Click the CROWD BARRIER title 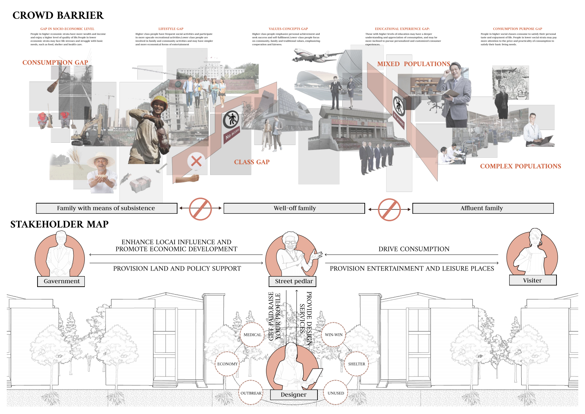(x=58, y=15)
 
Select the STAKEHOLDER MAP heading (x=59, y=224)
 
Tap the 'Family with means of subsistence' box (x=106, y=208)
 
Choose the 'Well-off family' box (x=294, y=208)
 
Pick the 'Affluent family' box (x=483, y=208)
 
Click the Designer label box (x=293, y=394)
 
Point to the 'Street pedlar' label (x=293, y=281)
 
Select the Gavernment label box (x=61, y=281)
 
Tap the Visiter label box (x=532, y=280)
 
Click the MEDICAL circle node (x=252, y=335)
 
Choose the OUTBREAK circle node (x=251, y=393)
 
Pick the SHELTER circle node (x=356, y=364)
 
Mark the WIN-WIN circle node (x=334, y=335)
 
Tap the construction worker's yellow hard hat (x=159, y=100)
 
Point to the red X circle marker (x=196, y=162)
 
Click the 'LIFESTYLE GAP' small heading (x=171, y=29)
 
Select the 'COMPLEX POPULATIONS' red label (x=520, y=166)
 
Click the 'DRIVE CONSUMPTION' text (x=414, y=249)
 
